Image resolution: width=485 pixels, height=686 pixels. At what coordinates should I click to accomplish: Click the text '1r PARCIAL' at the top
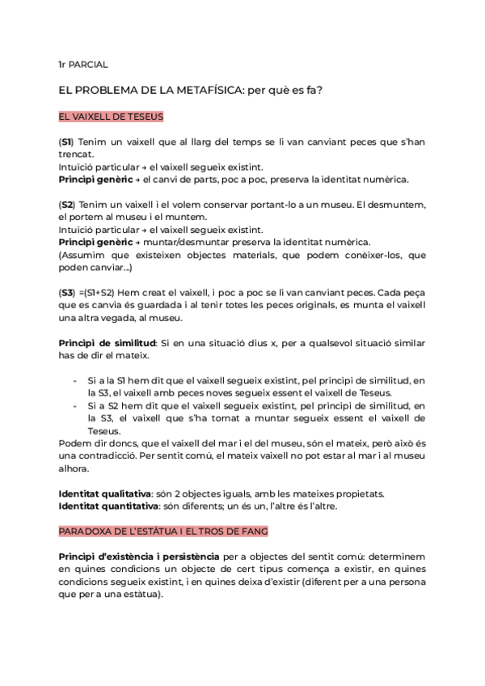[x=82, y=63]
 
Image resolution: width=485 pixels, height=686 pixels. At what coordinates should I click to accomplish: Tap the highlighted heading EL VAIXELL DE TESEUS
[x=111, y=116]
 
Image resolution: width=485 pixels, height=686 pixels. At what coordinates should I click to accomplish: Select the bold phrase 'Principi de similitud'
[x=108, y=343]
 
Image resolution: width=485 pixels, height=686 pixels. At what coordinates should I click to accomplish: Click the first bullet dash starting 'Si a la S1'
[x=75, y=380]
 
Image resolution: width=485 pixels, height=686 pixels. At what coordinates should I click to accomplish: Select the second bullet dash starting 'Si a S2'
[x=75, y=405]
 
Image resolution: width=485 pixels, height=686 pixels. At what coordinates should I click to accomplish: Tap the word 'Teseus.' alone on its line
[x=103, y=431]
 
